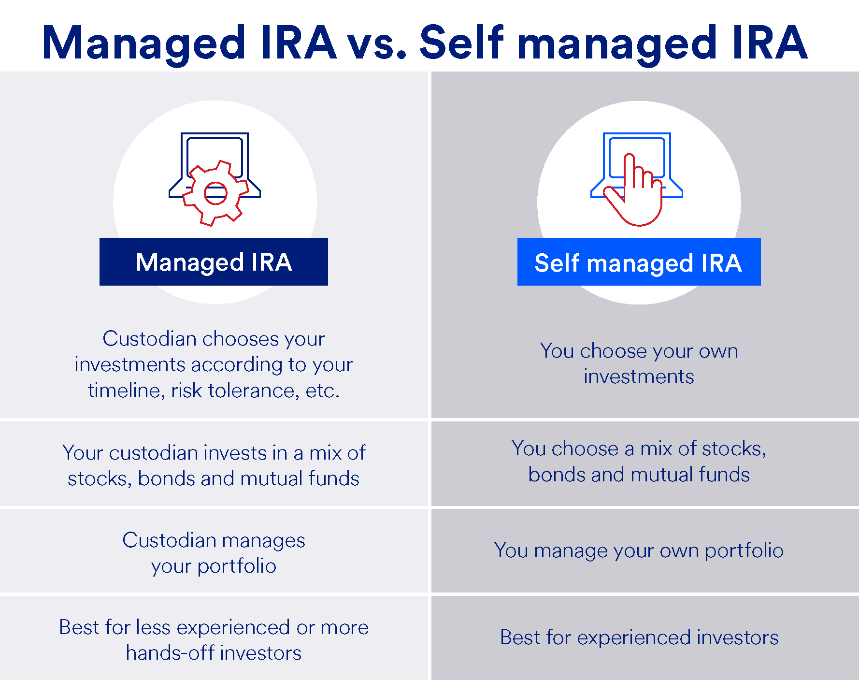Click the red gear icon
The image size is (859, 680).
tap(215, 193)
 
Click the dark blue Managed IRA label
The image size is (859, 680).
tap(214, 262)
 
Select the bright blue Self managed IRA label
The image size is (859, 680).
tap(638, 262)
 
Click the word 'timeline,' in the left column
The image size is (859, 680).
tap(126, 391)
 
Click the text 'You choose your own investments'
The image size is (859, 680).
tap(639, 363)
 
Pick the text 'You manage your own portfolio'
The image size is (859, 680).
tap(639, 550)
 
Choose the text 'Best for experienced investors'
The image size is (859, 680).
tap(639, 637)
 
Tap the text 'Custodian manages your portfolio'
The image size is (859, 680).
tap(214, 553)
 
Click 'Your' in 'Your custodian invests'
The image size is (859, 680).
tap(83, 453)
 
